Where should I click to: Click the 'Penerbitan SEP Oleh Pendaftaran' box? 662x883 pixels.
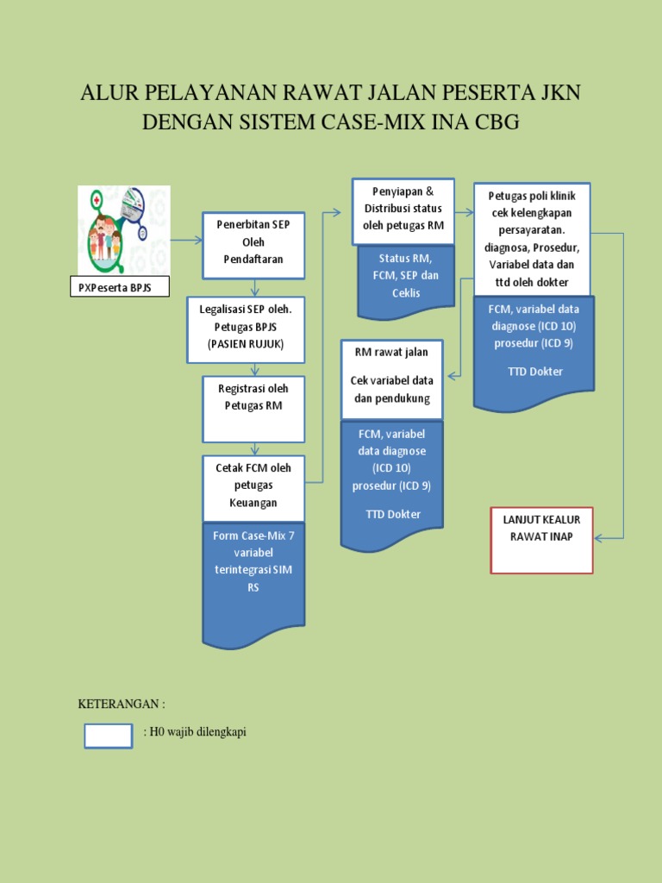click(x=253, y=245)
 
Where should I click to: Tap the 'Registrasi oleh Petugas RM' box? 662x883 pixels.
click(x=253, y=408)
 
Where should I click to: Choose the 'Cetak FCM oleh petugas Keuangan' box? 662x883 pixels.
click(x=253, y=487)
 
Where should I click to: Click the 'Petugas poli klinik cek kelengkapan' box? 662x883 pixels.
click(x=532, y=238)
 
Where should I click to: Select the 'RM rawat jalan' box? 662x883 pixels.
click(x=392, y=379)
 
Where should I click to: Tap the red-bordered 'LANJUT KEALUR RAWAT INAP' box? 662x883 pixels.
click(x=541, y=540)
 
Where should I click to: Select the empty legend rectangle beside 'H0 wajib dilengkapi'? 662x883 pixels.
click(x=108, y=736)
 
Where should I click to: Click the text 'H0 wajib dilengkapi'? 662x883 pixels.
click(x=197, y=733)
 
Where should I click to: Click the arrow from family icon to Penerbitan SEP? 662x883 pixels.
click(x=185, y=241)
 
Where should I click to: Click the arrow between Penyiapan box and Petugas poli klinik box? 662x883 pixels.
click(x=459, y=210)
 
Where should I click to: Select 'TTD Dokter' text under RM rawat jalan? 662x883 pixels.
click(x=392, y=515)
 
